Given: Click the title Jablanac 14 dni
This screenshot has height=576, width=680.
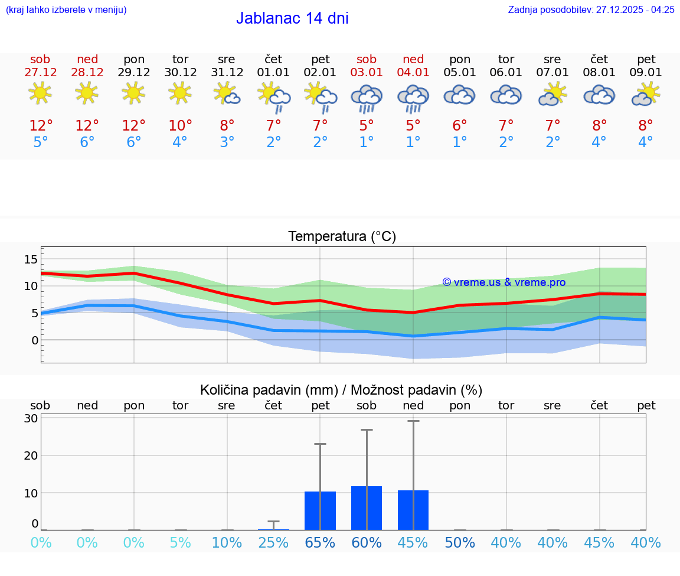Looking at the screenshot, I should point(292,18).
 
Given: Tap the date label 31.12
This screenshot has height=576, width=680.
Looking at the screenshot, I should point(227,73).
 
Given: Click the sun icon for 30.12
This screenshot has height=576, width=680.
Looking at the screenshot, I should point(180,93).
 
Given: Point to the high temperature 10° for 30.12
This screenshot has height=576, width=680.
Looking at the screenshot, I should point(180,126).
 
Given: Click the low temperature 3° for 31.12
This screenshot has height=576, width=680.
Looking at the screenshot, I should point(227,142).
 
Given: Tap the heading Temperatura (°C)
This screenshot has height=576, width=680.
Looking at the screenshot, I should point(342,237).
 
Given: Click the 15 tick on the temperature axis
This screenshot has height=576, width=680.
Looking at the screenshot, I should point(31,259).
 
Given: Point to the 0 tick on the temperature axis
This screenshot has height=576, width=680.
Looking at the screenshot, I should point(35,340).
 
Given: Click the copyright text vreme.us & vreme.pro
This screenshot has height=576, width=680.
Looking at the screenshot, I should point(504,282).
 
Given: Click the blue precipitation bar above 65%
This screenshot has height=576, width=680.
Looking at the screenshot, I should point(320,510).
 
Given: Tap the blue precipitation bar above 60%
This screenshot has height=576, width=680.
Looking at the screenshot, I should point(367,508).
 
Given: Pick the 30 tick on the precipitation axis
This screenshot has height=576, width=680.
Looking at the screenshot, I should point(31,418).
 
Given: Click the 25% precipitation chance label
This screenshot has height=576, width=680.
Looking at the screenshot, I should point(273,543).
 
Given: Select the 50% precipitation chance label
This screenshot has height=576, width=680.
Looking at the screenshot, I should point(460,543).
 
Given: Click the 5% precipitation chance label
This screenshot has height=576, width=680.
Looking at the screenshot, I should point(180,543).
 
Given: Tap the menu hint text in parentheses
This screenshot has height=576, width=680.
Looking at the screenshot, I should point(66,10).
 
